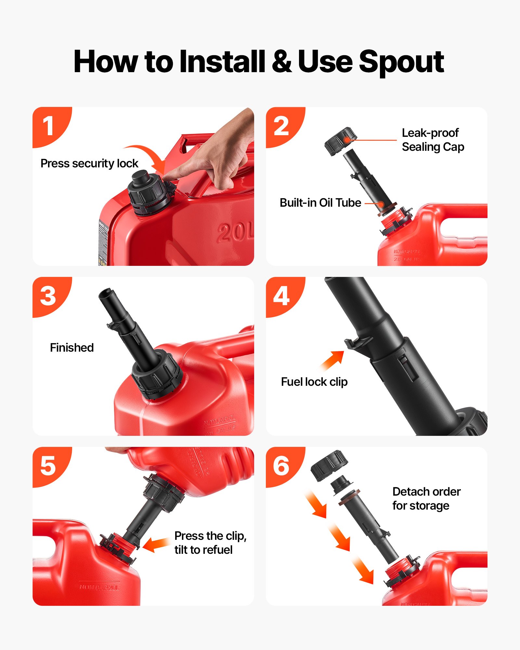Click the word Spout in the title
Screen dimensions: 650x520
[x=401, y=62]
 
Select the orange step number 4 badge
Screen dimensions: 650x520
[x=281, y=296]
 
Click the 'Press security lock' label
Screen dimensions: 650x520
[x=89, y=163]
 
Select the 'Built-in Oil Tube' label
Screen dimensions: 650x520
[x=320, y=203]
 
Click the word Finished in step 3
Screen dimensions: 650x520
[x=72, y=347]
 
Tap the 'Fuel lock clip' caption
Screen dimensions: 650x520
[x=314, y=382]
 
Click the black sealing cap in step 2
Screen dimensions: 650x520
[x=340, y=141]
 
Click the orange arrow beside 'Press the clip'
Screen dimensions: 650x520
[x=155, y=545]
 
